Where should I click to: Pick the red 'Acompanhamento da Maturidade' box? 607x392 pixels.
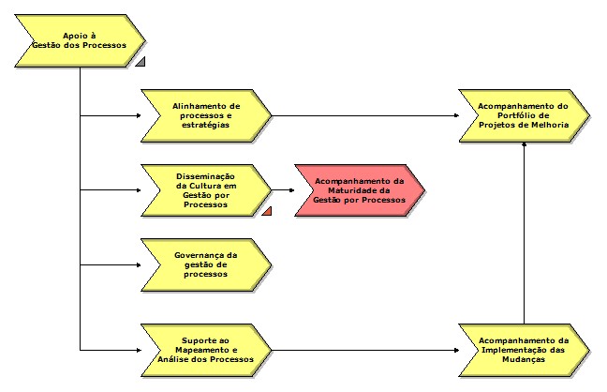coord(360,190)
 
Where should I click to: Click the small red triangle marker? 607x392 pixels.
coord(267,211)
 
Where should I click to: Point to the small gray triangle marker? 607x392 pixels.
coord(140,63)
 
